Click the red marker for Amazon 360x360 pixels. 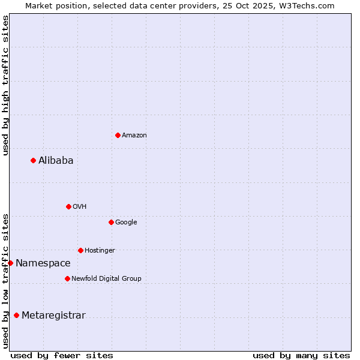click(x=118, y=135)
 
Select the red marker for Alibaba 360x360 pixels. click(x=33, y=160)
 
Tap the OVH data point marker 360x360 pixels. click(x=68, y=206)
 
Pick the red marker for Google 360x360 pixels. click(x=111, y=222)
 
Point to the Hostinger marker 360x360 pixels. click(x=80, y=250)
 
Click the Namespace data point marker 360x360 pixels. click(x=10, y=263)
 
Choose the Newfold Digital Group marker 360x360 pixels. click(x=67, y=278)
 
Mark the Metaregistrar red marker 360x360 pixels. click(x=16, y=316)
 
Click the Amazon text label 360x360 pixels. click(x=134, y=136)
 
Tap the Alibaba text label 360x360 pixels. click(x=56, y=160)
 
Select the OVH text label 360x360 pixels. click(x=80, y=207)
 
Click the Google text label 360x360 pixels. click(x=126, y=223)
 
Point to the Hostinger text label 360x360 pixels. click(x=100, y=251)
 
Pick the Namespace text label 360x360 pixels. click(x=43, y=263)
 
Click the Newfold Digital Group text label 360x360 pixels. click(x=106, y=279)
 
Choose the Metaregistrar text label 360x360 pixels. click(x=53, y=316)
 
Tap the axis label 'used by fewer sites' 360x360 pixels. click(x=62, y=355)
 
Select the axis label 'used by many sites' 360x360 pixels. click(x=301, y=355)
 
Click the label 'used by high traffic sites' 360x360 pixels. click(x=5, y=85)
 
